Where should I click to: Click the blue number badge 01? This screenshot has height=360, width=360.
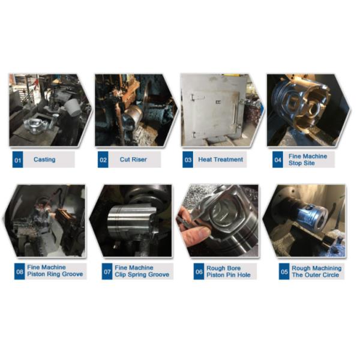coord(18,160)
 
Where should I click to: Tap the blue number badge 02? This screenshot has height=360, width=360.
coord(104,160)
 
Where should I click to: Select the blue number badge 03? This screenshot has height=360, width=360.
coord(188,160)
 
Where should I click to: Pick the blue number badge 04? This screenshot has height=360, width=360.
coord(277,160)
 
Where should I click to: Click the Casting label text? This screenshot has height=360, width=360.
coord(44,160)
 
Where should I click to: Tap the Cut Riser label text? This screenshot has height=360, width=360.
coord(133,160)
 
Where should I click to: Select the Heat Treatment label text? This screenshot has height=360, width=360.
coord(221,160)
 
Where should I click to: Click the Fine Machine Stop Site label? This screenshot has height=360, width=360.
coord(308,160)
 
